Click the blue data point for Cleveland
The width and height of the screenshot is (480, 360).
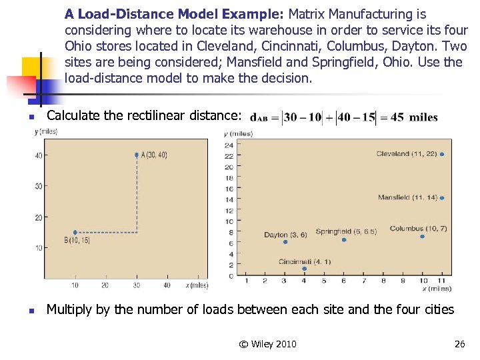click(x=442, y=154)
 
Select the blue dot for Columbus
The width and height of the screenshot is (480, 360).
click(x=423, y=236)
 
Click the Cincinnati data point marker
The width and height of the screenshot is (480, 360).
click(x=305, y=269)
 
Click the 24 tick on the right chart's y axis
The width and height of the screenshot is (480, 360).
click(x=229, y=145)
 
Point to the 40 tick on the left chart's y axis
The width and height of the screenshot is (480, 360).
click(x=39, y=155)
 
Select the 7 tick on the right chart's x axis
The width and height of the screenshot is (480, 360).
click(x=364, y=281)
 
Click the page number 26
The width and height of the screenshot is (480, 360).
click(x=459, y=344)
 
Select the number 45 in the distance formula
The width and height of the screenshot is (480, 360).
click(x=397, y=117)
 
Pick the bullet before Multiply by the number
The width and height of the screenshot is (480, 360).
click(x=31, y=311)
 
